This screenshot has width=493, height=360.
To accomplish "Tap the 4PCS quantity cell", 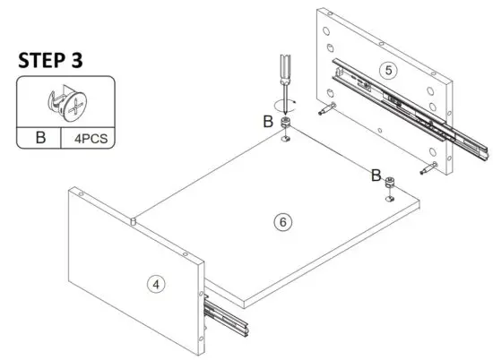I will pyautogui.click(x=87, y=139).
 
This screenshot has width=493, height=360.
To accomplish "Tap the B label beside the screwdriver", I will pyautogui.click(x=266, y=121).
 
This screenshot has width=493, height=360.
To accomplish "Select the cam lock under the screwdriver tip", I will pyautogui.click(x=286, y=124).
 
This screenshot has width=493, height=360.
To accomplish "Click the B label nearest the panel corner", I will pyautogui.click(x=376, y=176).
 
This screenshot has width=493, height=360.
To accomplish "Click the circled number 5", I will pyautogui.click(x=386, y=69).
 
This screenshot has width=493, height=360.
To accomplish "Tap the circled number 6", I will pyautogui.click(x=283, y=222).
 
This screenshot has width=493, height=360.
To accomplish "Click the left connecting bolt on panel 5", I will pyautogui.click(x=325, y=111).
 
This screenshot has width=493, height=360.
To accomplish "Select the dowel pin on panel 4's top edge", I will pyautogui.click(x=132, y=218).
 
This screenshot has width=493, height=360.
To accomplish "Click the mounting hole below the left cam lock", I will pyautogui.click(x=285, y=138).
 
